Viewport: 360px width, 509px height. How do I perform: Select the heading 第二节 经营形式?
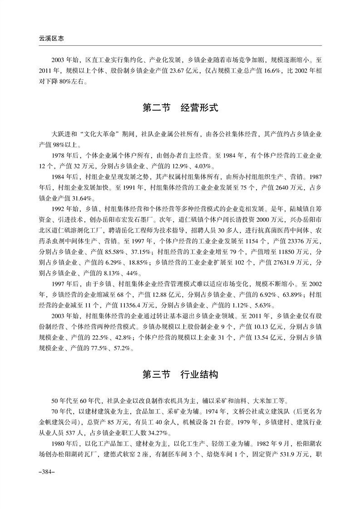(180, 108)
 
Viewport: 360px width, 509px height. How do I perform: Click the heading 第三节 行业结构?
(180, 375)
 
